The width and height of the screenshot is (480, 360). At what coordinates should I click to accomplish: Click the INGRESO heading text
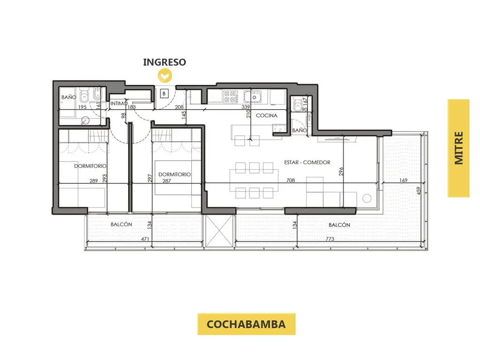click(x=165, y=62)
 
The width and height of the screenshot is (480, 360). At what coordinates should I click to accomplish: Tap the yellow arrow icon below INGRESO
click(x=165, y=75)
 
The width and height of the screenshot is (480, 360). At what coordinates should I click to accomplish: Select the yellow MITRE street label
click(x=458, y=148)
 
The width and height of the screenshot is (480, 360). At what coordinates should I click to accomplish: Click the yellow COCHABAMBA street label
click(x=246, y=324)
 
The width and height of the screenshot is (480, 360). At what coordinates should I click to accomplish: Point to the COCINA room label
click(x=266, y=116)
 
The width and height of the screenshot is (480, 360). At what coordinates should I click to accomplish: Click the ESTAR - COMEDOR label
click(x=307, y=162)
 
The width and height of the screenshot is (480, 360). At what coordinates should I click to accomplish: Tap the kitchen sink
click(x=253, y=97)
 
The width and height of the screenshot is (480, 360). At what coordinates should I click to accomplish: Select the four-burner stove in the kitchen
click(x=230, y=97)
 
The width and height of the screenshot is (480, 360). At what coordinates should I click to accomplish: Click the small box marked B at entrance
click(x=165, y=94)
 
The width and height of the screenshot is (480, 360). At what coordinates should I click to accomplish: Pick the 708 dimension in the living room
click(x=291, y=180)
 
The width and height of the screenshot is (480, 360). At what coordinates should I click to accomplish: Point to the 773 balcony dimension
click(x=330, y=239)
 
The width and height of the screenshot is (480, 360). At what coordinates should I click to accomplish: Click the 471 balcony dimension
click(x=145, y=239)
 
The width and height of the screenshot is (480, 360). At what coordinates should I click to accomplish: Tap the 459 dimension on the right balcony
click(x=419, y=191)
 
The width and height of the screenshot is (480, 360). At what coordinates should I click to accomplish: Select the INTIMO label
click(x=119, y=104)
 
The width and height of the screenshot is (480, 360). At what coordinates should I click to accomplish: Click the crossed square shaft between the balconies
click(x=219, y=231)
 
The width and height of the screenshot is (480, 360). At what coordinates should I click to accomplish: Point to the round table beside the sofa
click(x=367, y=198)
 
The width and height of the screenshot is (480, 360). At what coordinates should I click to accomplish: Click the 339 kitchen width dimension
click(x=246, y=107)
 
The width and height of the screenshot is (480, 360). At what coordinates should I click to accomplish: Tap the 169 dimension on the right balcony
click(x=403, y=180)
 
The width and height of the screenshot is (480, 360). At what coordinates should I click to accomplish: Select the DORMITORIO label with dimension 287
click(x=174, y=174)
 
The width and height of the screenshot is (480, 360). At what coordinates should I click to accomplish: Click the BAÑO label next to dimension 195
click(x=69, y=97)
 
